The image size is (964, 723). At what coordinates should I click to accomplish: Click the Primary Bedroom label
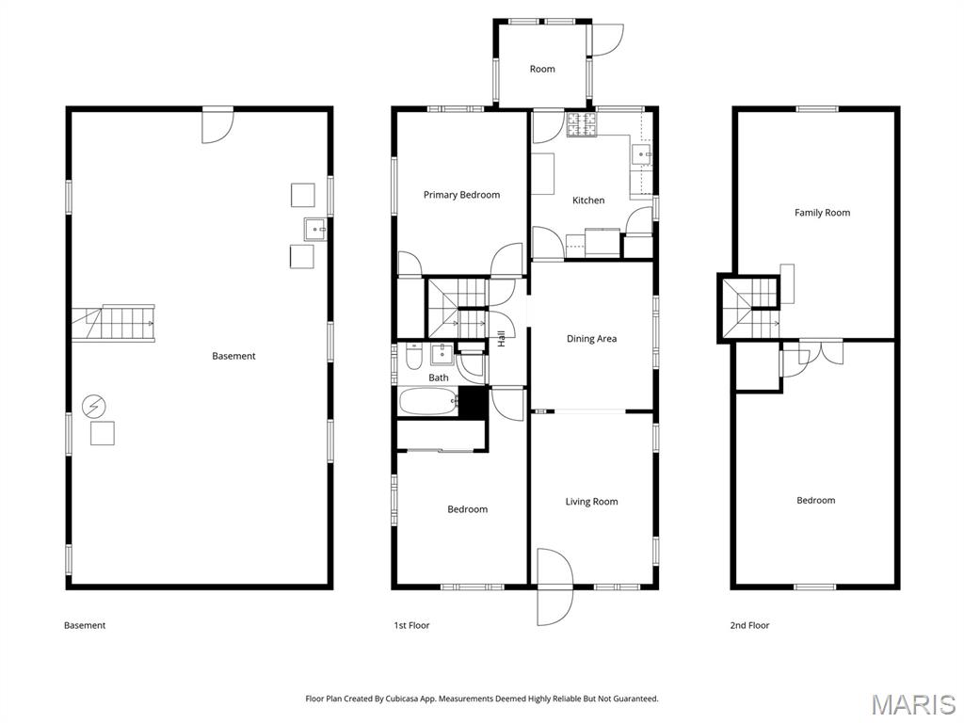(x=461, y=195)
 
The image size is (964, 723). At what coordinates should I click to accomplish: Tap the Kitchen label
(x=588, y=201)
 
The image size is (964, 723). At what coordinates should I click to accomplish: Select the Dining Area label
(x=591, y=339)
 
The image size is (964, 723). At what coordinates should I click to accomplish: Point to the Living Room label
(x=591, y=502)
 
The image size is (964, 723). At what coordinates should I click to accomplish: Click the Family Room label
(x=822, y=213)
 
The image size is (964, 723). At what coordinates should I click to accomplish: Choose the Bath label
(x=439, y=378)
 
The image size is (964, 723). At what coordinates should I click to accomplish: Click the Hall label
(x=502, y=338)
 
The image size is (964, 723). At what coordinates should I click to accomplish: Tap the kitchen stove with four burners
(x=582, y=123)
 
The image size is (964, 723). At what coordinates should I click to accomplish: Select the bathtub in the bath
(x=428, y=402)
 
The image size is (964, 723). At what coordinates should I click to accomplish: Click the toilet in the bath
(x=413, y=358)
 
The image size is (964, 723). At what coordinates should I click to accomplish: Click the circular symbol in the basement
(x=94, y=407)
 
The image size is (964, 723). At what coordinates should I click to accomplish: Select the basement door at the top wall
(x=217, y=126)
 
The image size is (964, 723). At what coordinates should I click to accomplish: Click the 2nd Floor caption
(x=749, y=625)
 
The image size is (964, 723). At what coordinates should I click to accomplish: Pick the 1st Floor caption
(x=411, y=625)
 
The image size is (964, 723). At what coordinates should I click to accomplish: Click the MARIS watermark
(x=912, y=703)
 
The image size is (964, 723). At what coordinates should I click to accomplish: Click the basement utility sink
(x=314, y=227)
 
